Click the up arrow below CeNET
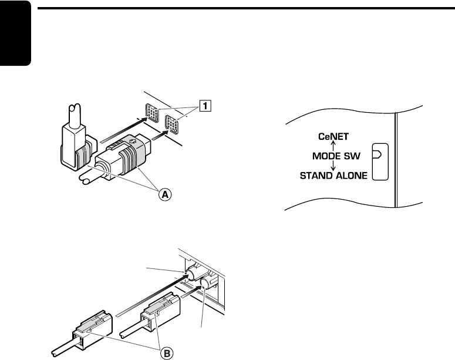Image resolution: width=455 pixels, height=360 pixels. pos(333,146)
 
